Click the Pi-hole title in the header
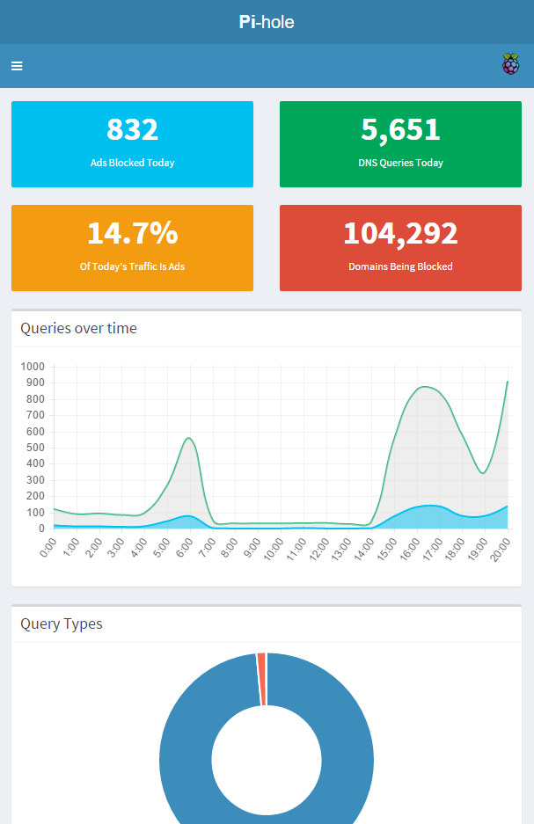coord(267,22)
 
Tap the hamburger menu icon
coord(17,66)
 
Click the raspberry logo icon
coord(510,64)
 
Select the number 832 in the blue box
coord(132,129)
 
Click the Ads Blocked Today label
coord(132,163)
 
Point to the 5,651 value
coord(400,129)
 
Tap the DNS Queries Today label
coord(400,163)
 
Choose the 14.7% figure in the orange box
coord(132,233)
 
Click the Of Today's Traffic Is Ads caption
coord(132,266)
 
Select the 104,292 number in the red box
coord(400,233)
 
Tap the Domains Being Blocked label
coord(400,266)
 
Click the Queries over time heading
coord(78,329)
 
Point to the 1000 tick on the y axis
coord(33,367)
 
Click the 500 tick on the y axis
coord(35,448)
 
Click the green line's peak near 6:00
coord(187,438)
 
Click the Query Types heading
coord(62,624)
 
